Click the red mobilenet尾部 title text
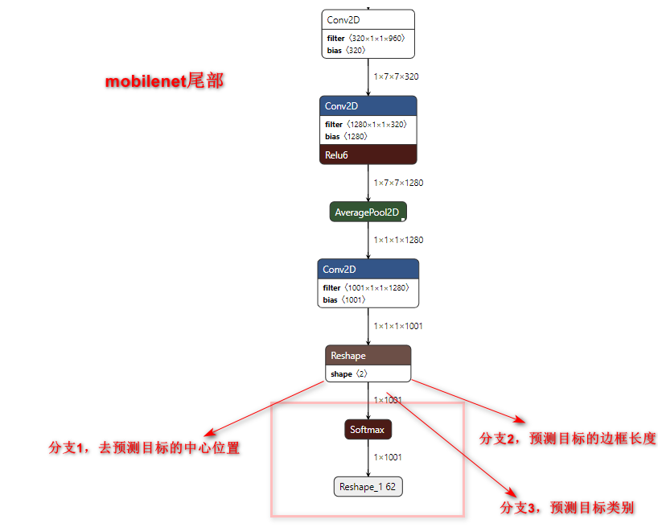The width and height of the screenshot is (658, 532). [x=164, y=82]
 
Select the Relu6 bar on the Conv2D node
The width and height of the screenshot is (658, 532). [x=368, y=155]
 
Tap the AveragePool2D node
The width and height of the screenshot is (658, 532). [x=368, y=212]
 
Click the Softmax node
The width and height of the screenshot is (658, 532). [x=368, y=430]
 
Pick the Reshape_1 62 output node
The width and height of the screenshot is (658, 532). [x=368, y=487]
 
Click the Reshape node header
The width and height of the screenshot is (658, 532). [x=368, y=355]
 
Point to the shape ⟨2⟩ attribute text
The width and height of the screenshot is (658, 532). [x=349, y=374]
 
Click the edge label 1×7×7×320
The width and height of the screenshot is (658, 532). [x=396, y=77]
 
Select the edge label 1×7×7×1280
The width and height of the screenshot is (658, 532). [x=398, y=183]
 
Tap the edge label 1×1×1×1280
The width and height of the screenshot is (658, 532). [x=398, y=240]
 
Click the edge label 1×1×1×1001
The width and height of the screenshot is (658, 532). [x=398, y=326]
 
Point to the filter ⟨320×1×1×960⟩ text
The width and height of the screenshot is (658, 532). [x=365, y=39]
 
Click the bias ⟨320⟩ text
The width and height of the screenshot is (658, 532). [x=346, y=50]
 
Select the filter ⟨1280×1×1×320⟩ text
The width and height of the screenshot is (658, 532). [x=365, y=125]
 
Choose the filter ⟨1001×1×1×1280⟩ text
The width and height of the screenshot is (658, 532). [x=367, y=288]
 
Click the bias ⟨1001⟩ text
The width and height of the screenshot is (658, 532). [x=345, y=299]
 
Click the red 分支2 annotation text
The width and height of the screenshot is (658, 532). [x=568, y=439]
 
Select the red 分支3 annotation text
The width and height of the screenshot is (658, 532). [x=567, y=508]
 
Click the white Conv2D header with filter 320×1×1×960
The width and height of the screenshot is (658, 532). [x=368, y=19]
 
